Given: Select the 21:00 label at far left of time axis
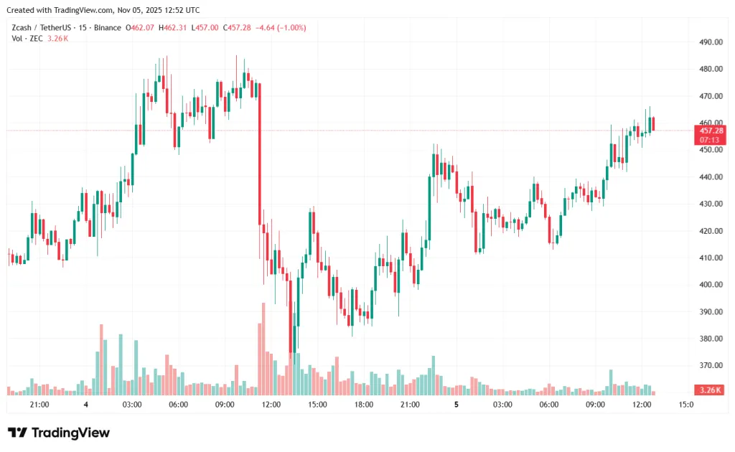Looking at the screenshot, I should pos(39,405).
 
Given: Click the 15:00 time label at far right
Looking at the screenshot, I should pos(686,405).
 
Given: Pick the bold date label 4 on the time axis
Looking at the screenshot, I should pos(85,405).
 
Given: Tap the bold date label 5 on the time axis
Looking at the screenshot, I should pos(456,405).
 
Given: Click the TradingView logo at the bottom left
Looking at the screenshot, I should pos(59,433).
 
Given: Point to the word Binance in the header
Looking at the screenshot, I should pos(107,28).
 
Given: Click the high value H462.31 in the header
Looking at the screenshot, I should pos(172,28).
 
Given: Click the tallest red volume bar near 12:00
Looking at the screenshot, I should pos(263,349).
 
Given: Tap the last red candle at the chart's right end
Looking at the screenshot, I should pos(653,123).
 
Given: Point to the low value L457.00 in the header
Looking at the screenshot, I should pos(205,28).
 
